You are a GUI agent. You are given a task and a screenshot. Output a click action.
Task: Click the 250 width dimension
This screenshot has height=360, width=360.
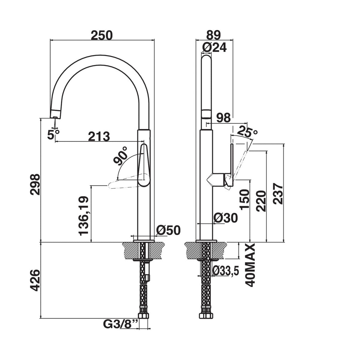102,35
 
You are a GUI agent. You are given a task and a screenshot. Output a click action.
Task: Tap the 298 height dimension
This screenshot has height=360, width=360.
35,184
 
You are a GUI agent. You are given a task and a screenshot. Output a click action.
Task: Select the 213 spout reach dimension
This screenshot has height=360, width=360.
99,136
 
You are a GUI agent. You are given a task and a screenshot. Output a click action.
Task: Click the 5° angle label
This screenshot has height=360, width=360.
53,134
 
